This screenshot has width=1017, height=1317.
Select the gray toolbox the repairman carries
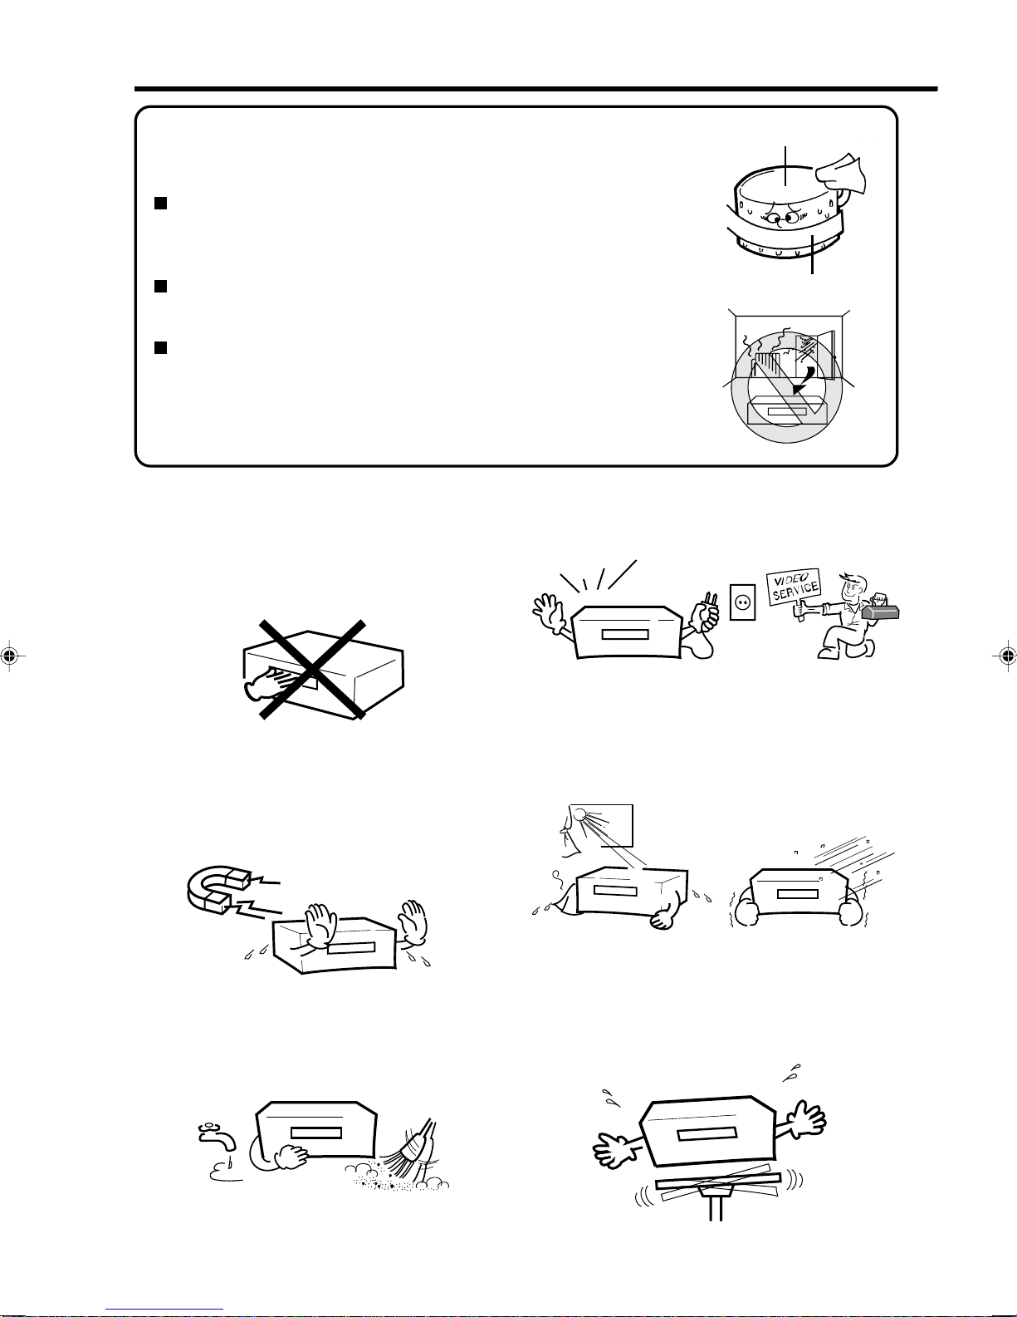(881, 611)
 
